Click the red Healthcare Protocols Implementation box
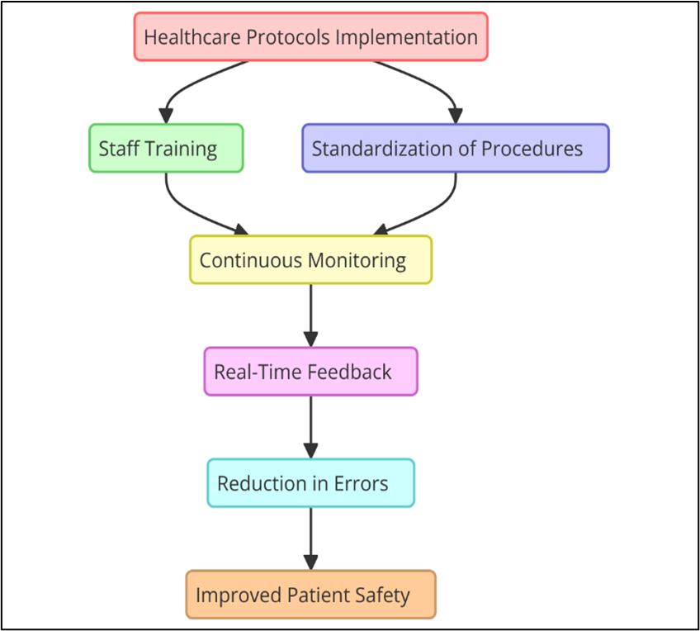[310, 36]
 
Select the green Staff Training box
[166, 149]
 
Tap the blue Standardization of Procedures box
[456, 149]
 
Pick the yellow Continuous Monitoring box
[310, 260]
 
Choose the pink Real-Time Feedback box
[310, 372]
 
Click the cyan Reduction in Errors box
[310, 483]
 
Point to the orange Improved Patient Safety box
[310, 595]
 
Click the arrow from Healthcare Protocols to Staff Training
[187, 85]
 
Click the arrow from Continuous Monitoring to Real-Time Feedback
[310, 315]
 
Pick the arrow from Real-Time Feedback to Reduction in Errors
[310, 427]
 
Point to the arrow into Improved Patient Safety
[310, 538]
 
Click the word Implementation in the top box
[406, 37]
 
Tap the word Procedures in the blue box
[532, 149]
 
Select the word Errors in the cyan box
[362, 484]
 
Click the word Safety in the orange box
[382, 596]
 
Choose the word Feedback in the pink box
[349, 372]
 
